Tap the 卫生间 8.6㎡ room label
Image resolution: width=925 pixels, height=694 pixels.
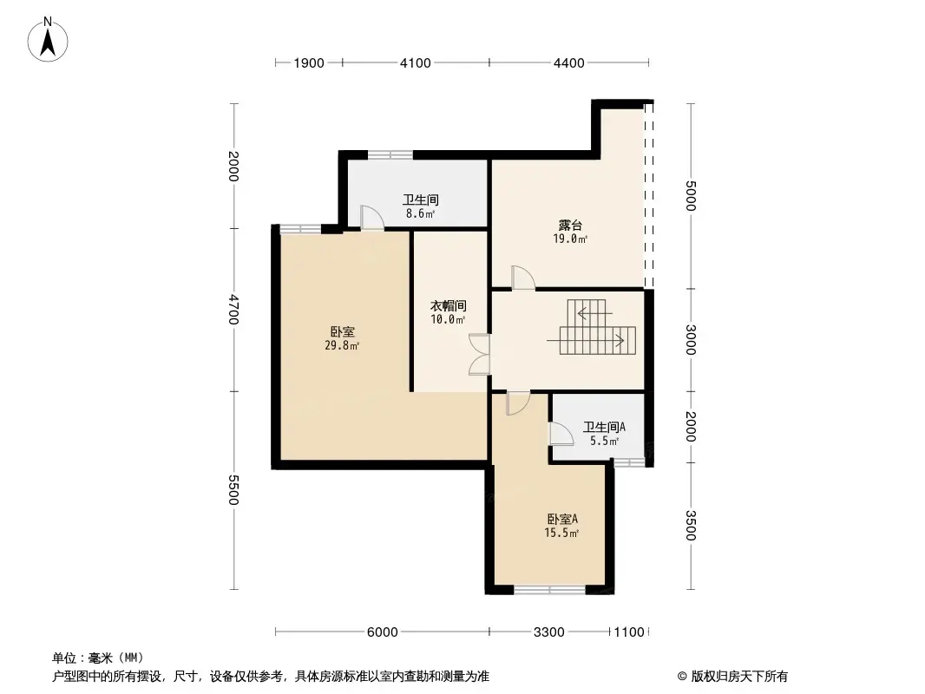point(421,206)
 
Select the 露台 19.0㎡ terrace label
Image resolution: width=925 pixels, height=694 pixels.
point(570,232)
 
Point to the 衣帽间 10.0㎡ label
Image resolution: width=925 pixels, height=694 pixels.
point(449,312)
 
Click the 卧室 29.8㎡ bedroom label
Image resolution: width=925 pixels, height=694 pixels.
point(342,338)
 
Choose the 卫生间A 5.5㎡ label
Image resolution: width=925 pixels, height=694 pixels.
point(604,434)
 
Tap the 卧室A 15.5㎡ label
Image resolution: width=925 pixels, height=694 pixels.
point(561,526)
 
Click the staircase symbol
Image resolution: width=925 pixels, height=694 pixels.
point(592,327)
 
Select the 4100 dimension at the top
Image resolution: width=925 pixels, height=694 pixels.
point(416,63)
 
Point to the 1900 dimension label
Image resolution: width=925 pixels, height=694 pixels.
point(309,63)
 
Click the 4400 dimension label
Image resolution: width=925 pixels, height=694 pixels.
point(568,63)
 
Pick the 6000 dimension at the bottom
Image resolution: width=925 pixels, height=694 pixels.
point(383,632)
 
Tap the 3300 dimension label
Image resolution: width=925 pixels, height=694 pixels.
point(548,632)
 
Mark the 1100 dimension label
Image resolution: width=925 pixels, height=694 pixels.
point(629,632)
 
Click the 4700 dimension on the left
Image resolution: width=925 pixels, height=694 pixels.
point(233,310)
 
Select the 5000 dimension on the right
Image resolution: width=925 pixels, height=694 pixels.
point(691,196)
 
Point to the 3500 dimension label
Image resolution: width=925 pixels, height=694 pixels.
point(691,526)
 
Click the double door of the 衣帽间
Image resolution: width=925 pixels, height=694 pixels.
point(479,355)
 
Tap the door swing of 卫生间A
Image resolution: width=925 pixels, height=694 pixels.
point(561,434)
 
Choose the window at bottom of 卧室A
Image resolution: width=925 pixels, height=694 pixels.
point(550,589)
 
